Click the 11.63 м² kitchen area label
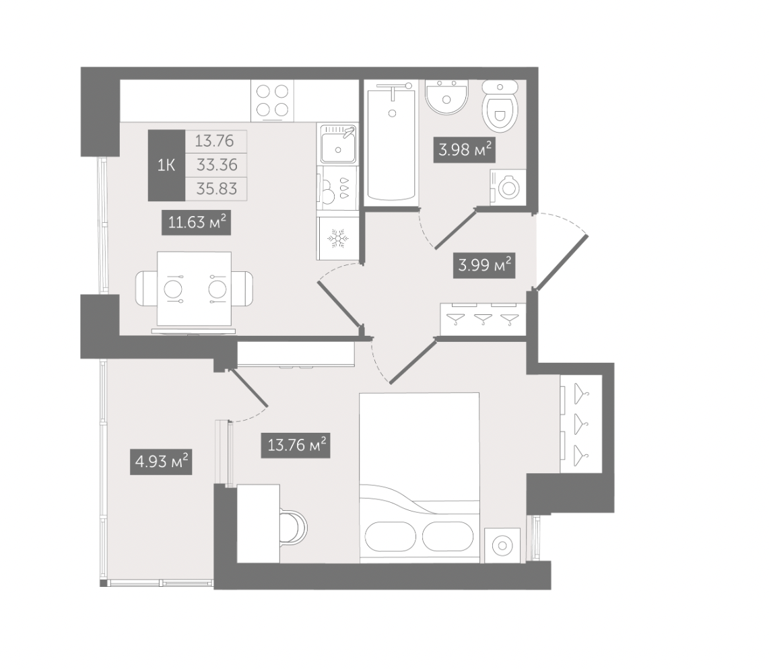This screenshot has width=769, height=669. coord(196,223)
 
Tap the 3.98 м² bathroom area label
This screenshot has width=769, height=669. coord(465,149)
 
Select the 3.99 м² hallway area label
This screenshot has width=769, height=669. coord(484,266)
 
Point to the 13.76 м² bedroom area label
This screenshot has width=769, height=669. coord(296,446)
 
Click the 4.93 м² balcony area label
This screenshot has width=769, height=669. coord(161,462)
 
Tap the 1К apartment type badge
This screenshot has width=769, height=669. coord(166,165)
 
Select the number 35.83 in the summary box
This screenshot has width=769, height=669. coord(216,188)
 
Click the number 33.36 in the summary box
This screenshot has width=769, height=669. coord(217,165)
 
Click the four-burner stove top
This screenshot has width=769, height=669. coord(272,100)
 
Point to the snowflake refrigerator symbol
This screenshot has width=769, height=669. coord(337,238)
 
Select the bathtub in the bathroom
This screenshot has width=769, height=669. coord(391,141)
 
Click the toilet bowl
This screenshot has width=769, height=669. coord(500,106)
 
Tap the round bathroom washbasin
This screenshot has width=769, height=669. coord(446,97)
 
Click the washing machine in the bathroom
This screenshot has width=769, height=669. coord(508,187)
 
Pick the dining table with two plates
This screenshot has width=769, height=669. coord(194,289)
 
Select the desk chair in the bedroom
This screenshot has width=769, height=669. coord(294,528)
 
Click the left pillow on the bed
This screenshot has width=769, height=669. coord(391,536)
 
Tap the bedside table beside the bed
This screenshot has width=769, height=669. coord(502,545)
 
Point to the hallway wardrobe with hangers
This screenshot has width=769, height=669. coord(483,320)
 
